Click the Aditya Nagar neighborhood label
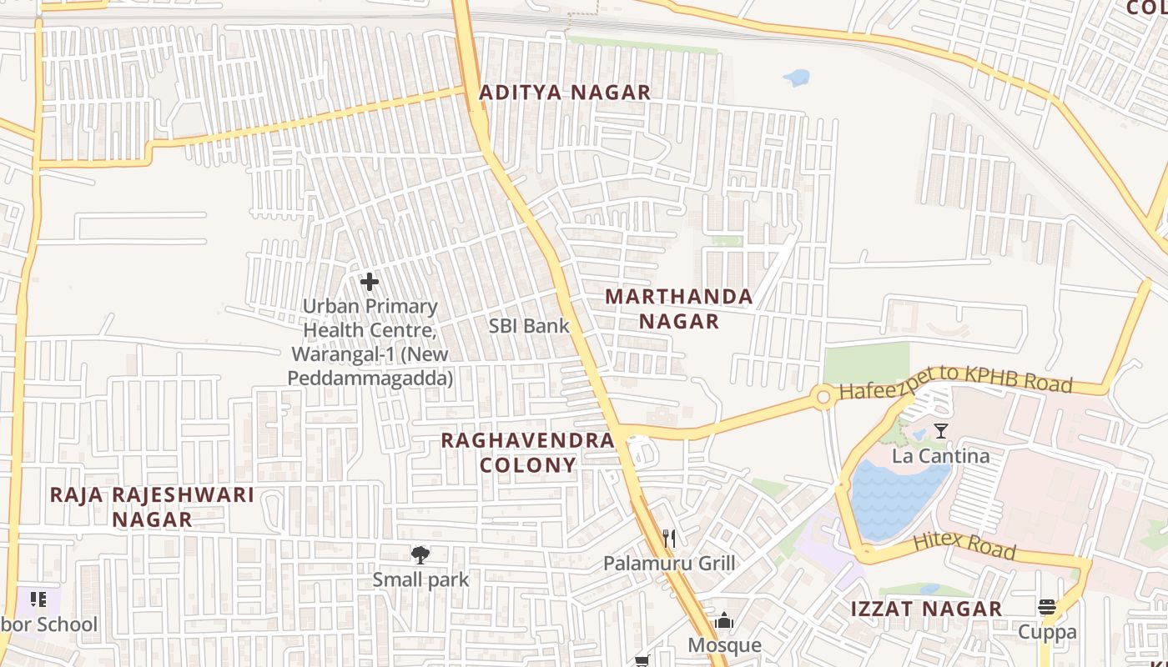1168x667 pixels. tap(565, 93)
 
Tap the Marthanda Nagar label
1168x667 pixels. tap(678, 308)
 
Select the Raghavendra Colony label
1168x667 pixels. tap(527, 452)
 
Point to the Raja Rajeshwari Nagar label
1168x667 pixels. tap(152, 506)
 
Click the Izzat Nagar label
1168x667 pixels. tap(926, 609)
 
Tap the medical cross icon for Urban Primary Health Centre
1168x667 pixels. tap(369, 282)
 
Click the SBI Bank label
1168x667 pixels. tap(529, 326)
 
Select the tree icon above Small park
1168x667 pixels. tap(420, 554)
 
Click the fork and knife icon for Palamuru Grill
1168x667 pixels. tap(668, 538)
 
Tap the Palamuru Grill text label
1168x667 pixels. tap(669, 564)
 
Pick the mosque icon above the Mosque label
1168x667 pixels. tap(723, 620)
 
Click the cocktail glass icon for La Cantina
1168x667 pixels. tap(941, 431)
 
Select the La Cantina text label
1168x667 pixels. tap(940, 456)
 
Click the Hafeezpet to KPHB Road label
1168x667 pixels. tap(955, 380)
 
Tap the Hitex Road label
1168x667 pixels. tap(964, 546)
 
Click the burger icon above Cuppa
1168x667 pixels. tap(1047, 606)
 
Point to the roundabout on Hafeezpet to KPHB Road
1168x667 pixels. tap(824, 398)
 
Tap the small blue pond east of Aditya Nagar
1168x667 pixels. tap(797, 78)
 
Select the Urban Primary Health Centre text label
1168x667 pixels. tap(370, 342)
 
